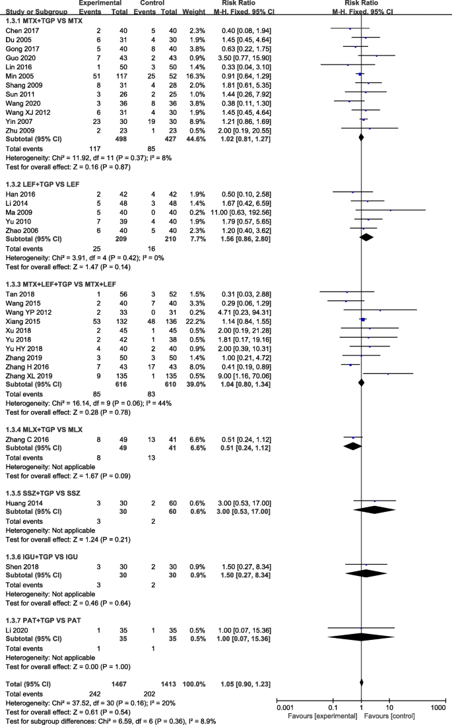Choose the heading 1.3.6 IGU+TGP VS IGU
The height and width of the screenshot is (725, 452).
click(42, 539)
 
